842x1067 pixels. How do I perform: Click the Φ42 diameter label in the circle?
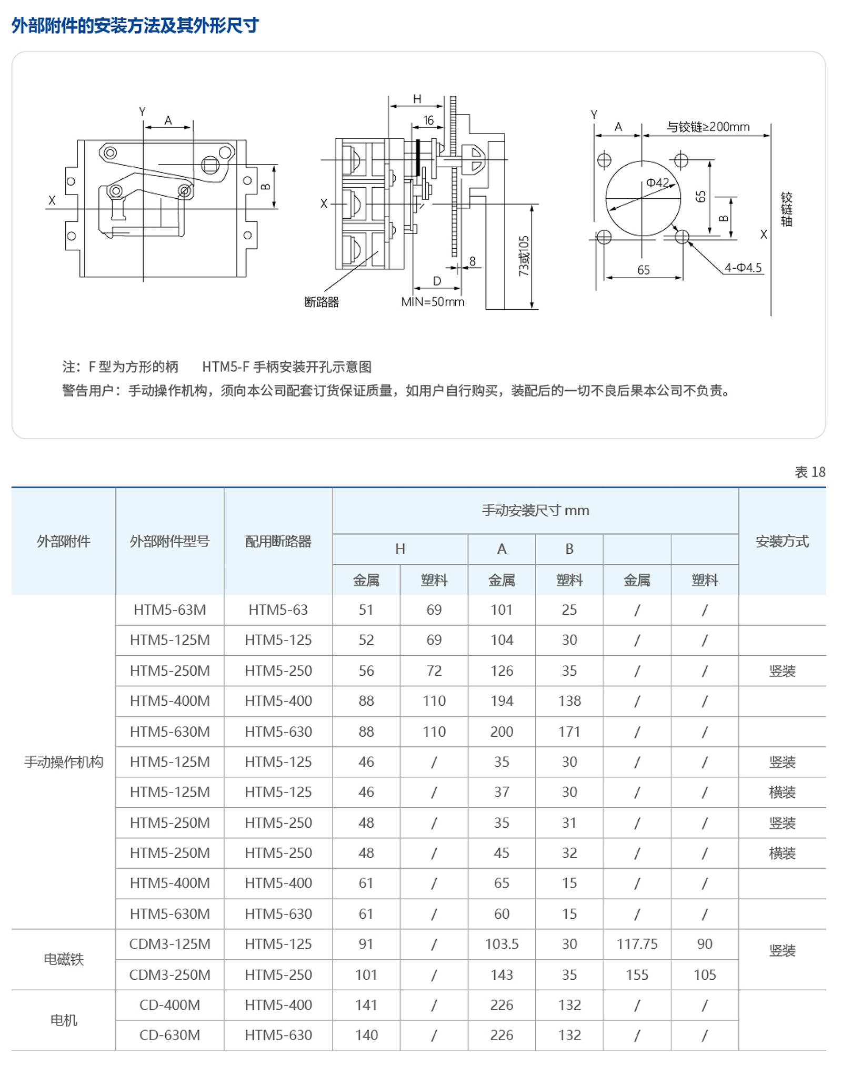[x=657, y=182]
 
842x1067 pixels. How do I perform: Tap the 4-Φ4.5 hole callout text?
[x=743, y=268]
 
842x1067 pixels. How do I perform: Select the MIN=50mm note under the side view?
[x=433, y=302]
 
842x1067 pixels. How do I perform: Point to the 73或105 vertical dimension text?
[x=524, y=256]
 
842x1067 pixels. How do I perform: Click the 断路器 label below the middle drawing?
[x=322, y=302]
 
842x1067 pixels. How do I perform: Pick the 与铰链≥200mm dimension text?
[x=708, y=127]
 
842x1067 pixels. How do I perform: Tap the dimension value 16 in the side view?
[x=429, y=120]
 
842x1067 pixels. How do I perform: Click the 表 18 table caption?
[x=809, y=472]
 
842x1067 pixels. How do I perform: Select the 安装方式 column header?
[x=781, y=541]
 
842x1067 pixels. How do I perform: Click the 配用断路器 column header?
[x=278, y=541]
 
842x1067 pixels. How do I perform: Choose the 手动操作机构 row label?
[x=63, y=761]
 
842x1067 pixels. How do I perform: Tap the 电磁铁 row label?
[x=63, y=959]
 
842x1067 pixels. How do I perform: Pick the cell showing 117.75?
[x=637, y=944]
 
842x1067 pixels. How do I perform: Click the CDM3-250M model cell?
[x=169, y=974]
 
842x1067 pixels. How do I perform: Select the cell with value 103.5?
[x=502, y=944]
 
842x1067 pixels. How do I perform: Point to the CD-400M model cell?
[x=169, y=1005]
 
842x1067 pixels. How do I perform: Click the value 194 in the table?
[x=502, y=701]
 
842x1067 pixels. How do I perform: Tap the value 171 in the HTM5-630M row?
[x=569, y=731]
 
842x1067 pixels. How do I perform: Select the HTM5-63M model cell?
[x=169, y=609]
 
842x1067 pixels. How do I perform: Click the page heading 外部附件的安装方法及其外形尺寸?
[x=135, y=25]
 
